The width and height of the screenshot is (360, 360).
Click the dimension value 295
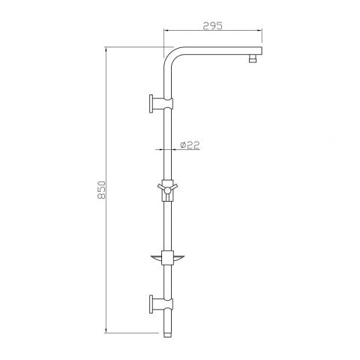(x=213, y=25)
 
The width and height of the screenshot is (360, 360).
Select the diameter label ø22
(x=190, y=145)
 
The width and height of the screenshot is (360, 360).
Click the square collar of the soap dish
(x=168, y=256)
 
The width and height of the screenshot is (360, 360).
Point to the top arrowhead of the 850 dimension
(x=108, y=50)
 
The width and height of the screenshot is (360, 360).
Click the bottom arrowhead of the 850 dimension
(x=108, y=330)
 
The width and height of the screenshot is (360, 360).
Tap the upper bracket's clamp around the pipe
(x=168, y=102)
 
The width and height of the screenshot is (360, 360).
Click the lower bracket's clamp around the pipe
(x=168, y=305)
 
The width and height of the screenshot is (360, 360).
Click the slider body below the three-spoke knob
(x=168, y=199)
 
